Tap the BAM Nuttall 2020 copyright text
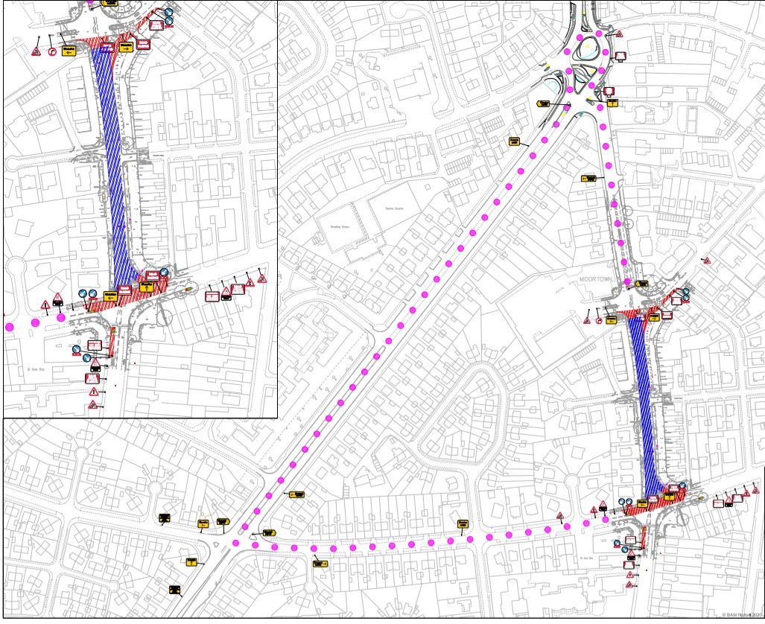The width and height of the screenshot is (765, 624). [x=742, y=614]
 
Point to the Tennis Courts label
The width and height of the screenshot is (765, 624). [x=393, y=208]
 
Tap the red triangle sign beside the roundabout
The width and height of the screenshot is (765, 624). [x=618, y=34]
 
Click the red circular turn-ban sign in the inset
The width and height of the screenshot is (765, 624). [x=52, y=51]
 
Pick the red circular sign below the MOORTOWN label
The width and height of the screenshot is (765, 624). [x=598, y=321]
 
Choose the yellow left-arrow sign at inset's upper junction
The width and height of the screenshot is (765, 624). [x=70, y=51]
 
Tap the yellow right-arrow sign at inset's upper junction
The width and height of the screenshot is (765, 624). [x=127, y=47]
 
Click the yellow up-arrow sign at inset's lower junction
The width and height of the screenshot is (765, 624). [x=147, y=285]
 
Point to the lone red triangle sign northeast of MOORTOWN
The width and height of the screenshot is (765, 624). [x=706, y=261]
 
